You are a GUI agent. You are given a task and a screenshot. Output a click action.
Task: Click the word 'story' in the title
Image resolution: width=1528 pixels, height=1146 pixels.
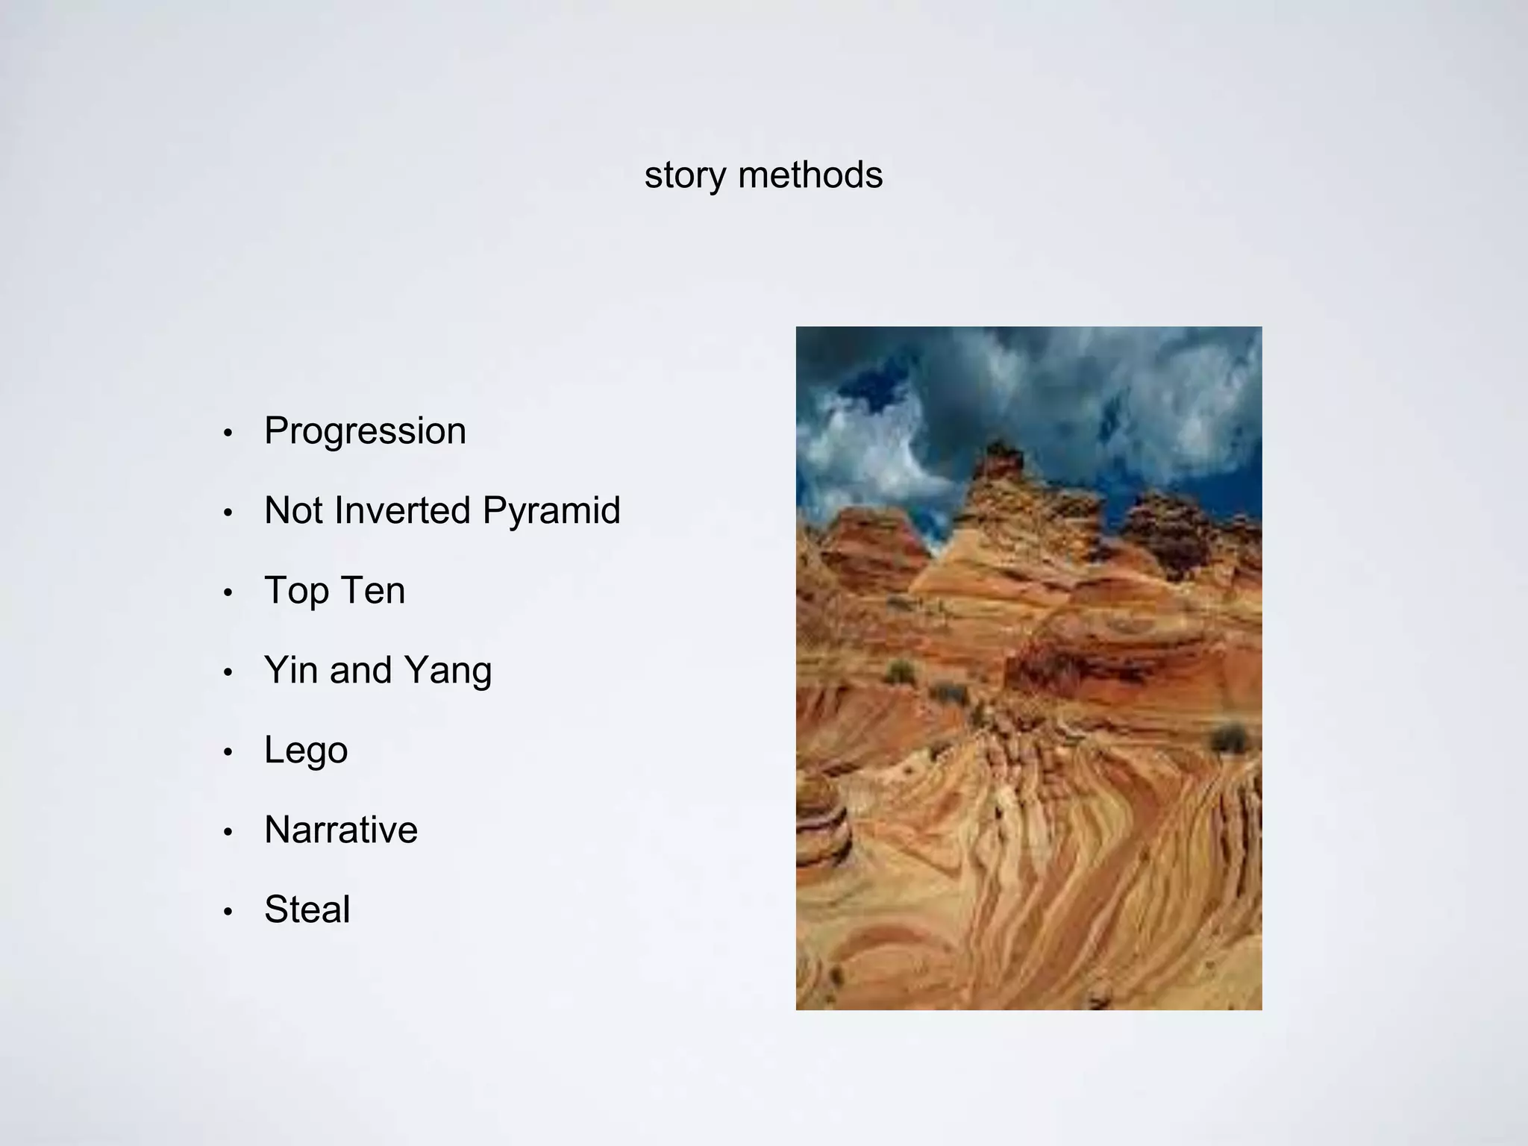click(685, 176)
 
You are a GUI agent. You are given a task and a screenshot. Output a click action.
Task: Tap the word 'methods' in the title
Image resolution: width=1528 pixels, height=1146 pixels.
click(810, 175)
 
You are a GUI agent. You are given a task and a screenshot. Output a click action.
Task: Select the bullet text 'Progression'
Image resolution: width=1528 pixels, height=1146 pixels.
click(365, 431)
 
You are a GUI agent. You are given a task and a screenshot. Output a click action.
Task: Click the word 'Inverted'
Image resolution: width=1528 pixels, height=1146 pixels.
click(402, 511)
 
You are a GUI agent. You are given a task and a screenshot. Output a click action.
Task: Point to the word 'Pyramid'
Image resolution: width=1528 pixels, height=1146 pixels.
click(551, 512)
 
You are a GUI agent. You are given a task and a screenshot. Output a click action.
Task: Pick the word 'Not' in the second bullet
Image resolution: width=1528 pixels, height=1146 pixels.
click(293, 511)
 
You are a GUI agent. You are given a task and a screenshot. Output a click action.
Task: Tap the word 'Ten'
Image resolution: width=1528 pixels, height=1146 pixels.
click(371, 591)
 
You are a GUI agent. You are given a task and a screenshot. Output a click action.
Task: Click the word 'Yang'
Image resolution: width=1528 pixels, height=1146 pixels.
click(448, 671)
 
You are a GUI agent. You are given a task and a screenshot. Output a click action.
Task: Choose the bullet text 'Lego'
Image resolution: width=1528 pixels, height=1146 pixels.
click(306, 751)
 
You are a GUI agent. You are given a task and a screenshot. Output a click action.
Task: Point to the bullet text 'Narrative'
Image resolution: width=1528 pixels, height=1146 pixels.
click(341, 830)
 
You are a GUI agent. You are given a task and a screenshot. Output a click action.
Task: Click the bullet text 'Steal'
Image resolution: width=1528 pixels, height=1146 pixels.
click(307, 909)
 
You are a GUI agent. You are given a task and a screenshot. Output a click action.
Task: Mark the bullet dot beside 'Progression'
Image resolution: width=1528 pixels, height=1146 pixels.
click(228, 433)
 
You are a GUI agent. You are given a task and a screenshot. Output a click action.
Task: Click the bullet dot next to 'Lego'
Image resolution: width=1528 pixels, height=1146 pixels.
click(228, 752)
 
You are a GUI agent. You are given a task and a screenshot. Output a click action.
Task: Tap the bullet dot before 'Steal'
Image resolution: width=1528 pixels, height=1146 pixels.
click(228, 912)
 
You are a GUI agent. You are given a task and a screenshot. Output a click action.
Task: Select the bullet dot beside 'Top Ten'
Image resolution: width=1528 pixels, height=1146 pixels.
click(228, 593)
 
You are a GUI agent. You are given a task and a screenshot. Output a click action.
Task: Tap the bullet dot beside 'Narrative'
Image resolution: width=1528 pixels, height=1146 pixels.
click(228, 832)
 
